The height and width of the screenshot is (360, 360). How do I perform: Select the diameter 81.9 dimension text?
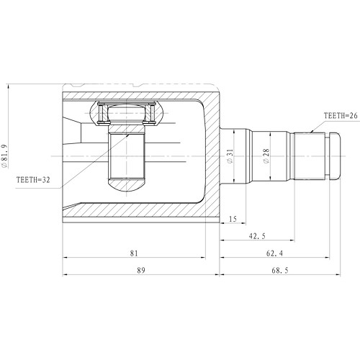click(x=6, y=156)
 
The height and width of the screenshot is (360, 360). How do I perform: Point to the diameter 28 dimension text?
click(x=266, y=156)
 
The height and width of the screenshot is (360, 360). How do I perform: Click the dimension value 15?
click(x=233, y=218)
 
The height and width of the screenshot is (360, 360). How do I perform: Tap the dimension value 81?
click(x=135, y=253)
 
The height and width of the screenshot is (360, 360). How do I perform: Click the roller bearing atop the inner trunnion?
click(x=128, y=113)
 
